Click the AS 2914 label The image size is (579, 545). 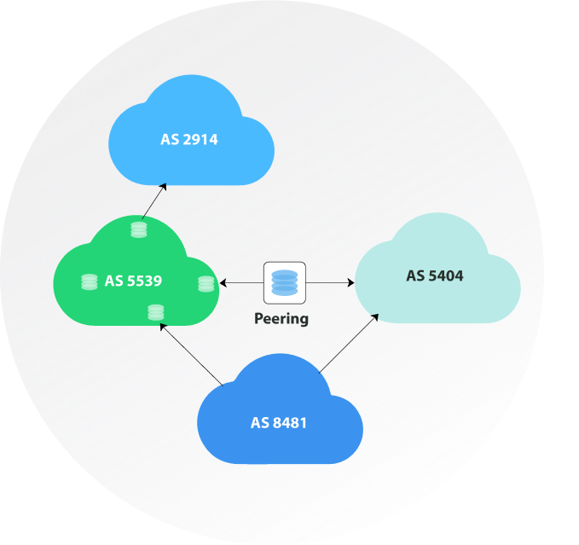[189, 139]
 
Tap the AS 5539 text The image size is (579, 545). [134, 280]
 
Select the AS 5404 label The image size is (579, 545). [435, 275]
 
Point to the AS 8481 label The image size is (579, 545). [279, 421]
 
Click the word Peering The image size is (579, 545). [281, 320]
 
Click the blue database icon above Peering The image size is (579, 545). [284, 282]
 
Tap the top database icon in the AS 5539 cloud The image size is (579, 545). [139, 230]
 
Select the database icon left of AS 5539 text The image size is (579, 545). [89, 281]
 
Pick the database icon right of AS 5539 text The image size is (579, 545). [206, 284]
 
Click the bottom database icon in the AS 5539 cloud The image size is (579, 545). [155, 312]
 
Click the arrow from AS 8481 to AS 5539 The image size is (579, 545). [192, 357]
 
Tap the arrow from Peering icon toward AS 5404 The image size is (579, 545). [329, 282]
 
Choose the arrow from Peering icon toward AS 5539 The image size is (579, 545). [241, 282]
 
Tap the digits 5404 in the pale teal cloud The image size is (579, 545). [445, 275]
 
